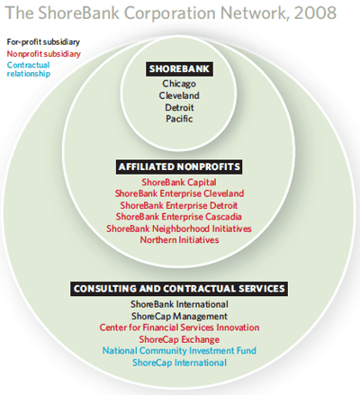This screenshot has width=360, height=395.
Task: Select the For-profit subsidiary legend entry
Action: tap(43, 42)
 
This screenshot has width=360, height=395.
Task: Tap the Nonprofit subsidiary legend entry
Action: tap(44, 54)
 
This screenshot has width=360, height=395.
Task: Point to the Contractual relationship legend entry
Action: tap(29, 69)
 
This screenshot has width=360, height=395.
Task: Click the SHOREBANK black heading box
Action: tap(179, 69)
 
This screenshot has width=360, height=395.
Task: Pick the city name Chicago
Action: tap(179, 84)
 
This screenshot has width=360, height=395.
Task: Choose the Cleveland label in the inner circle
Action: tap(179, 95)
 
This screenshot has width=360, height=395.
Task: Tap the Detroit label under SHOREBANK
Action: tap(179, 107)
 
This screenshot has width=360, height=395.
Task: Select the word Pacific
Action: tap(179, 119)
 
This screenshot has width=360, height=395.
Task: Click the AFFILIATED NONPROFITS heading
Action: tap(179, 166)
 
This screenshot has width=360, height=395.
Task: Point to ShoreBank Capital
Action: tap(179, 183)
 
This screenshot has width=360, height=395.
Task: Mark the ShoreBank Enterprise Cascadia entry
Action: tap(179, 217)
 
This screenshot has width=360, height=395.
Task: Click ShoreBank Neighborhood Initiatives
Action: tap(179, 229)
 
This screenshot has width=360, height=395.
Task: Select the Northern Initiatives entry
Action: tap(179, 240)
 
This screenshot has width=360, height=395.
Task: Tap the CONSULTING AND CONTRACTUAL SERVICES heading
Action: tap(179, 289)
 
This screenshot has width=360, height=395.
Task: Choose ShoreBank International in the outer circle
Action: tap(179, 304)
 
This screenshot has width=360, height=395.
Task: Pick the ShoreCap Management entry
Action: tap(179, 317)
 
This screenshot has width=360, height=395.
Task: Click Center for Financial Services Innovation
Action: tap(179, 328)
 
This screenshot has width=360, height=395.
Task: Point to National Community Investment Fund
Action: tap(179, 351)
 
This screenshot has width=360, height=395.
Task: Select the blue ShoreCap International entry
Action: tap(179, 363)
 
